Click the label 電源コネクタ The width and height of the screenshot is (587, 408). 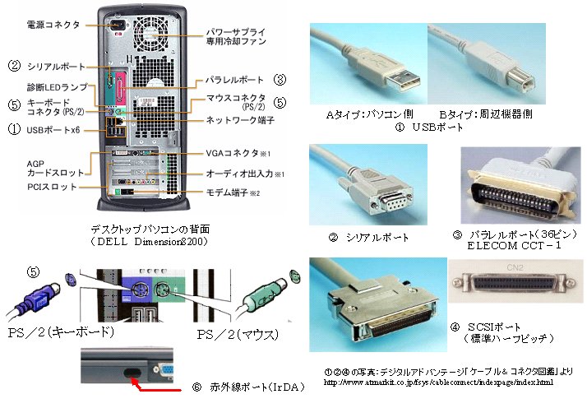tap(53, 25)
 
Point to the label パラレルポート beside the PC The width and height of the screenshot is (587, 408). tap(231, 81)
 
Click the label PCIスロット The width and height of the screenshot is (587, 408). tap(53, 187)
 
